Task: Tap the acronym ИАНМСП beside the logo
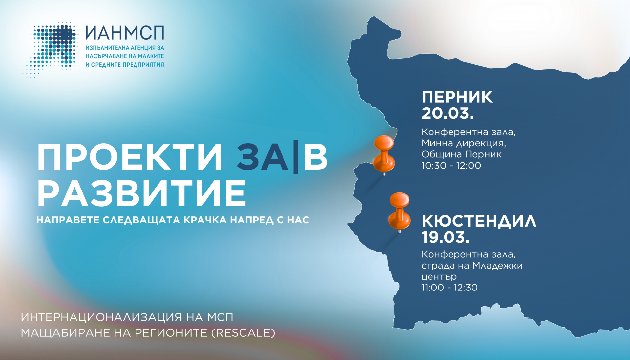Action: [x=125, y=33]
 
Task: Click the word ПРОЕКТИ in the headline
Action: [x=130, y=157]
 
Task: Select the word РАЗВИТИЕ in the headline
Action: [x=142, y=193]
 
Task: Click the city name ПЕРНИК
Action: [x=457, y=97]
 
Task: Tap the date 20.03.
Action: [x=448, y=113]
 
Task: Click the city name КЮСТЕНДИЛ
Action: [x=479, y=221]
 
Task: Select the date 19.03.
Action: [x=445, y=237]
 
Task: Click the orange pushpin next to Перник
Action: [x=384, y=155]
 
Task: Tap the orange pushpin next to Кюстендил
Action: [x=399, y=212]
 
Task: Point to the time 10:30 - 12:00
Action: [x=451, y=166]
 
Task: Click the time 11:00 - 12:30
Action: [x=450, y=288]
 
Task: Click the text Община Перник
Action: [x=461, y=154]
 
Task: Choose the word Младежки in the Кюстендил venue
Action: [x=497, y=266]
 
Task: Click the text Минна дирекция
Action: [x=464, y=143]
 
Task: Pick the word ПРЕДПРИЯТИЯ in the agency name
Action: [x=143, y=65]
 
